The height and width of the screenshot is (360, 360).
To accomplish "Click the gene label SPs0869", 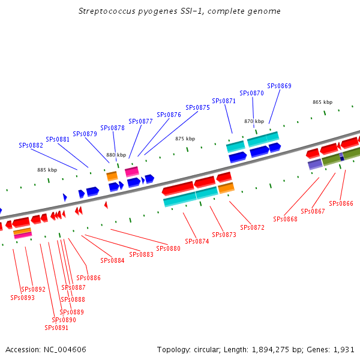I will (x=279, y=86).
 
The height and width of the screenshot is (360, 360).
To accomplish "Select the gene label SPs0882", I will (x=31, y=145).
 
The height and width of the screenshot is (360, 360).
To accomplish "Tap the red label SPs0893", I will (x=22, y=298).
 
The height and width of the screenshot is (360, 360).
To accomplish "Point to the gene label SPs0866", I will (x=341, y=204).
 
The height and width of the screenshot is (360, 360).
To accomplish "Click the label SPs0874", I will (x=197, y=241).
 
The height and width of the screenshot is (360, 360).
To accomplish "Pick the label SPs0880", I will (x=168, y=248).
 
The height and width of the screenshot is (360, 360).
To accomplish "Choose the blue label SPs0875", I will (x=197, y=107).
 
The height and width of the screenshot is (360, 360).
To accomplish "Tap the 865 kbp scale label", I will (x=322, y=102).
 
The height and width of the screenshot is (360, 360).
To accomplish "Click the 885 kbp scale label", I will (x=47, y=170).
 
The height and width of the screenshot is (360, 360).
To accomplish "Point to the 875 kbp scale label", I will (x=185, y=139).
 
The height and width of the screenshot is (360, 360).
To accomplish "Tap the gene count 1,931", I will (x=345, y=349).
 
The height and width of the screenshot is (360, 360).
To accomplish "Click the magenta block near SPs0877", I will (x=132, y=172).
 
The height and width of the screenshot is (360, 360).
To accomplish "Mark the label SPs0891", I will (x=56, y=328).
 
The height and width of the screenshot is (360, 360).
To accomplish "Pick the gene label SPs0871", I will (x=224, y=101).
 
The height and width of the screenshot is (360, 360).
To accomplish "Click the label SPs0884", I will (x=112, y=260).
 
